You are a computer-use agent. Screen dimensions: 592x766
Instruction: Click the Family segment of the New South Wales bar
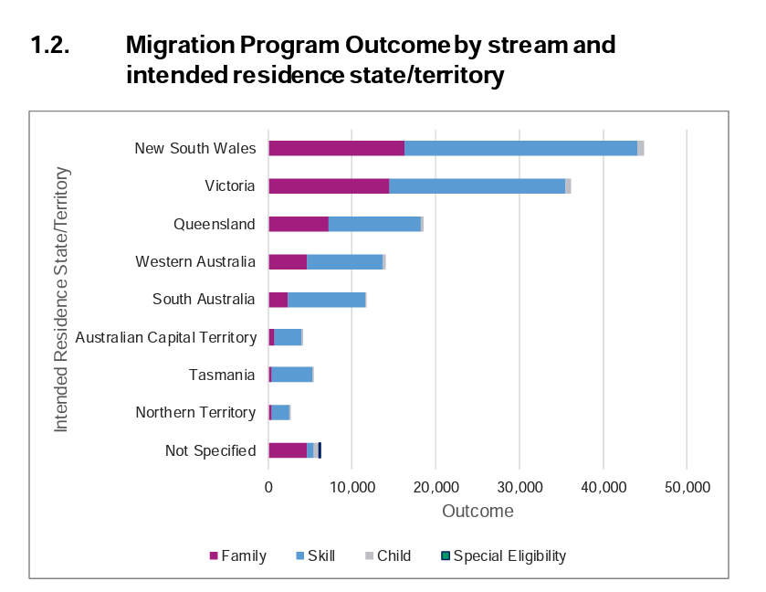click(x=336, y=148)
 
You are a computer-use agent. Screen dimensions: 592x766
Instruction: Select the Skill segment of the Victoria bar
click(x=477, y=186)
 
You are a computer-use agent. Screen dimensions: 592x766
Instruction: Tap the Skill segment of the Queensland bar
click(x=374, y=224)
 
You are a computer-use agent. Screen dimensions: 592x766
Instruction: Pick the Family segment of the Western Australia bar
click(x=288, y=262)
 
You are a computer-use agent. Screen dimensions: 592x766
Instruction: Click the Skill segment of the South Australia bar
click(x=326, y=300)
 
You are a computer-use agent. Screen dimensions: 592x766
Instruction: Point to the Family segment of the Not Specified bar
click(x=288, y=450)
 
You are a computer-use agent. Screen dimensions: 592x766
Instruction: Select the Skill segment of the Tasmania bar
click(x=291, y=375)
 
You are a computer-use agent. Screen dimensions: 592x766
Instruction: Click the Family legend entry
click(x=238, y=555)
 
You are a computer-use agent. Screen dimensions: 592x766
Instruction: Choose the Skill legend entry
click(x=314, y=555)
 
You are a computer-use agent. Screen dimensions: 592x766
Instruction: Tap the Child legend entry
click(x=387, y=555)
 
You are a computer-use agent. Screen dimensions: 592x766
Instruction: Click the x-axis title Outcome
click(x=477, y=511)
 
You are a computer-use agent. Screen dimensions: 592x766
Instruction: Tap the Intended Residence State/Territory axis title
click(x=61, y=299)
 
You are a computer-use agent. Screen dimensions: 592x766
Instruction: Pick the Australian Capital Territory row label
click(x=165, y=338)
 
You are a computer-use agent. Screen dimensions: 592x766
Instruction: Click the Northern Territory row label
click(x=195, y=413)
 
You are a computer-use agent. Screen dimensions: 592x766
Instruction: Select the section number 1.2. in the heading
click(x=52, y=45)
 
